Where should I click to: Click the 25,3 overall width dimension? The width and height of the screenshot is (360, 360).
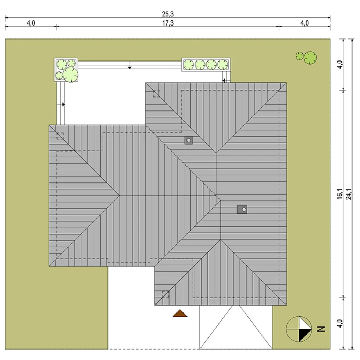coord(168,14)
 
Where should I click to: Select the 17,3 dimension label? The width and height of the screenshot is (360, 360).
coord(168,23)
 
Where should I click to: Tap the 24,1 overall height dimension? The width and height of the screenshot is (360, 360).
coord(349,194)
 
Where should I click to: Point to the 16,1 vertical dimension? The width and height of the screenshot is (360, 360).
coord(340,194)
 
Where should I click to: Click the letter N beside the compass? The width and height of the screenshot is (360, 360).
coord(321,329)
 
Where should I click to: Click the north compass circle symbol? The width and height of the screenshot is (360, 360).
coord(299,329)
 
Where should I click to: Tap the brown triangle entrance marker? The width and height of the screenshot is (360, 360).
coord(180,313)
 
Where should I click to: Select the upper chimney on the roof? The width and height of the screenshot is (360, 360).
coord(189,140)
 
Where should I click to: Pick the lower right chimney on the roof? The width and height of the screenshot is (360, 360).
coord(242,209)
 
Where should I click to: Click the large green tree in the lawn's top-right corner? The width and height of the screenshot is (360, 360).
coord(310,58)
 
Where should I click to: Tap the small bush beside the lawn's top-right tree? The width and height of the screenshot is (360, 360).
coord(300,56)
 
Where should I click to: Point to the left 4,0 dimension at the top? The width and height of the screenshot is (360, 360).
coord(31,23)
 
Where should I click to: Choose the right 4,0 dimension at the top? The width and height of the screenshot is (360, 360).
coord(304,23)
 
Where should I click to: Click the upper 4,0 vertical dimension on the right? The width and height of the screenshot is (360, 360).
coord(340,64)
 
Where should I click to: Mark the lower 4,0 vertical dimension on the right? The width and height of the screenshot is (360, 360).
coord(340,324)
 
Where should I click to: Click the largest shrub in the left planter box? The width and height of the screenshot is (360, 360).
coord(70,74)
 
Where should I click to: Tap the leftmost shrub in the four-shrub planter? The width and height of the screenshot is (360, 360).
coord(189,64)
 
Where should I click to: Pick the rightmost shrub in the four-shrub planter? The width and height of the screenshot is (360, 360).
coord(223,64)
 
